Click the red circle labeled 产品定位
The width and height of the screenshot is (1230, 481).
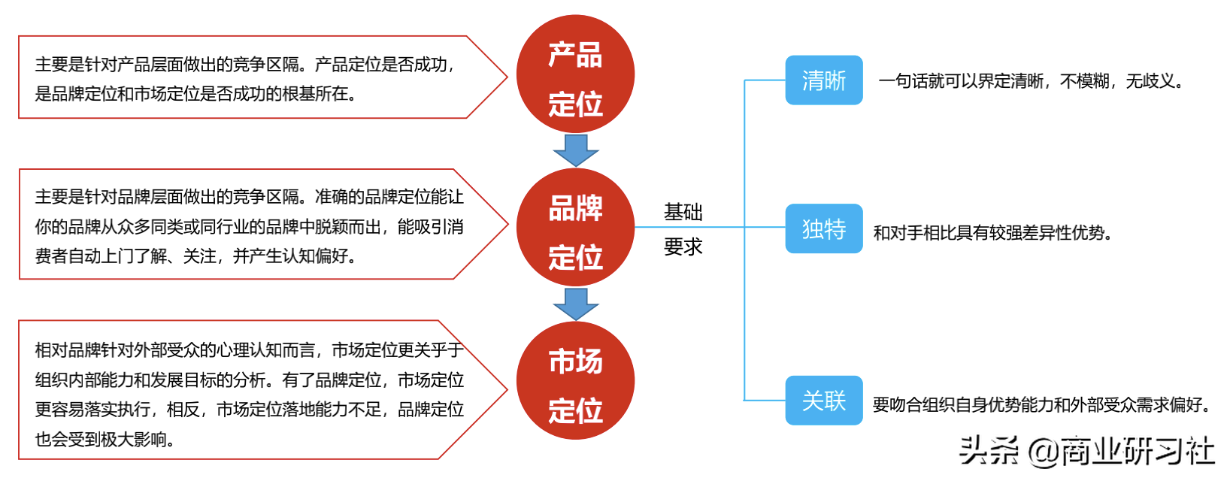tap(575, 74)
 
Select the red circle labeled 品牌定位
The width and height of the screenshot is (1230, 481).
tap(575, 227)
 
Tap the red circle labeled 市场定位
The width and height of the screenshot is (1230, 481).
tap(575, 380)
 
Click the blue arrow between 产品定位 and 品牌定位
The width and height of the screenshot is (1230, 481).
tap(575, 150)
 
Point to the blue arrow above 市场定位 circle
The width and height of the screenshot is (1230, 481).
tap(575, 304)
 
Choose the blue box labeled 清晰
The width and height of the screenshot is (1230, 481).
tap(823, 80)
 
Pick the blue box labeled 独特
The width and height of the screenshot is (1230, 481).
tap(823, 228)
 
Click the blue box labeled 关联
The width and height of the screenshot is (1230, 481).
tap(823, 401)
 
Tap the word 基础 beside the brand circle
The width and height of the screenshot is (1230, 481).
tap(683, 213)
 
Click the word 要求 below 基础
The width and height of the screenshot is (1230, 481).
tap(683, 247)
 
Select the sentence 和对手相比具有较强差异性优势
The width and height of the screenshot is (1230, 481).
tap(992, 233)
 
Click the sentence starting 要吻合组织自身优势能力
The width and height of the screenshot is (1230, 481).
tap(1041, 405)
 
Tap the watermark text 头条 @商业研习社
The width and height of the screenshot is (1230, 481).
tap(1086, 451)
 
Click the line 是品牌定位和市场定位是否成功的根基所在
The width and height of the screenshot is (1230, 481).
tap(195, 94)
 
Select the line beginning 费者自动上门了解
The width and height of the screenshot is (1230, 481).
tap(195, 256)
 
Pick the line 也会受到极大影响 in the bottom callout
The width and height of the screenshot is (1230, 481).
tap(105, 439)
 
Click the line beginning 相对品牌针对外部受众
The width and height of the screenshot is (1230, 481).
tap(249, 350)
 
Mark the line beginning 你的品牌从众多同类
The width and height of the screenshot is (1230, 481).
tap(249, 227)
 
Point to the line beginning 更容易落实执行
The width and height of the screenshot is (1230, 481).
tap(249, 410)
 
